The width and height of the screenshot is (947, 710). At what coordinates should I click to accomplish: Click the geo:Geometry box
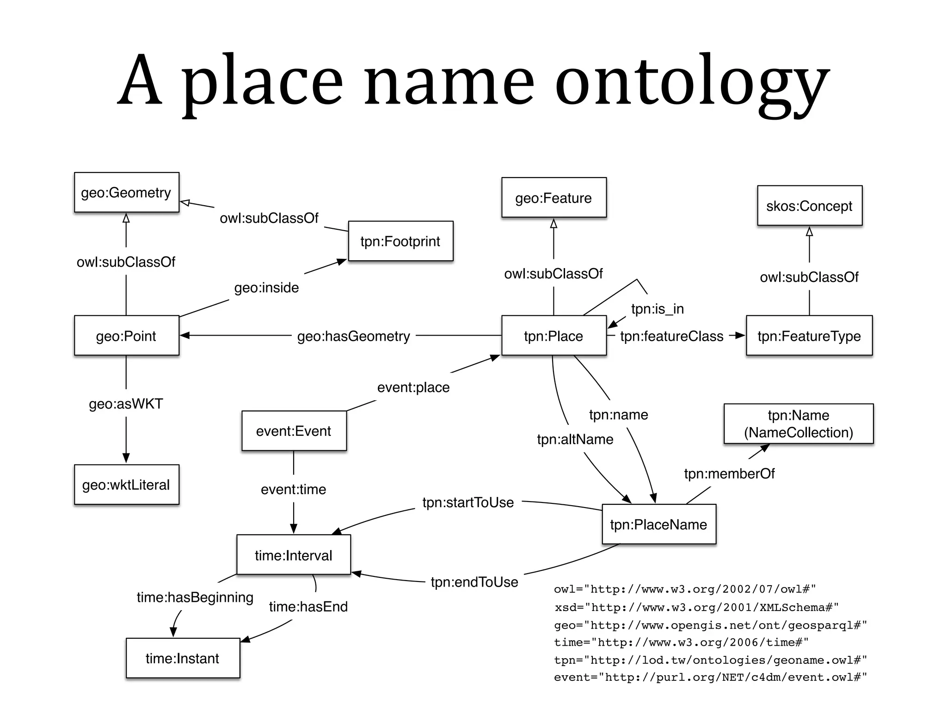(126, 192)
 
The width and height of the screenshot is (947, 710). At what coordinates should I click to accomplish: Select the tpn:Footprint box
(400, 241)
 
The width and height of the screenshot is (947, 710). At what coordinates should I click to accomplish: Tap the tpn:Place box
(553, 336)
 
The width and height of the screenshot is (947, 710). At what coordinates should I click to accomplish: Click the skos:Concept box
(809, 206)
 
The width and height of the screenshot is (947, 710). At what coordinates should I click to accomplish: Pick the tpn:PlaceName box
(658, 524)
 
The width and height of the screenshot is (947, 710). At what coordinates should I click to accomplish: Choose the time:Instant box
(183, 658)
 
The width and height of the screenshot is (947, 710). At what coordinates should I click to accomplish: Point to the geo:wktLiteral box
(126, 484)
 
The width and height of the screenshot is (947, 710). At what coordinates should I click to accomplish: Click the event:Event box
(294, 431)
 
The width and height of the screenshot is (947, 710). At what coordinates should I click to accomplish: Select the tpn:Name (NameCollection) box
(799, 423)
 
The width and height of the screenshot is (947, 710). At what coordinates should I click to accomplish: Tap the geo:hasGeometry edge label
(354, 336)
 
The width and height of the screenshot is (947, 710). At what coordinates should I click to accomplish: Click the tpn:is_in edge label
(657, 309)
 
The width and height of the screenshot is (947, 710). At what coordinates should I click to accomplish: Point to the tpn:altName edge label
(575, 439)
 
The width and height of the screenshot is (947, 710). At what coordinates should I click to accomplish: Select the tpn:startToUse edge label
(468, 502)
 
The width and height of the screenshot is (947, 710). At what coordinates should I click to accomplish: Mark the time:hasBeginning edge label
(195, 597)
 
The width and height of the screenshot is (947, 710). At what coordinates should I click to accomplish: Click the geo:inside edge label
(266, 288)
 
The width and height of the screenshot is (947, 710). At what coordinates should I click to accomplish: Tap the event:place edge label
(413, 387)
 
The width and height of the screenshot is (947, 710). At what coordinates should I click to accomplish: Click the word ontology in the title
(691, 83)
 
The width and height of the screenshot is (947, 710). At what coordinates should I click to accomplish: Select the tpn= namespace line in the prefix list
(710, 660)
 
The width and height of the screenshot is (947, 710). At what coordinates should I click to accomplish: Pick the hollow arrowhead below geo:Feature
(553, 224)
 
